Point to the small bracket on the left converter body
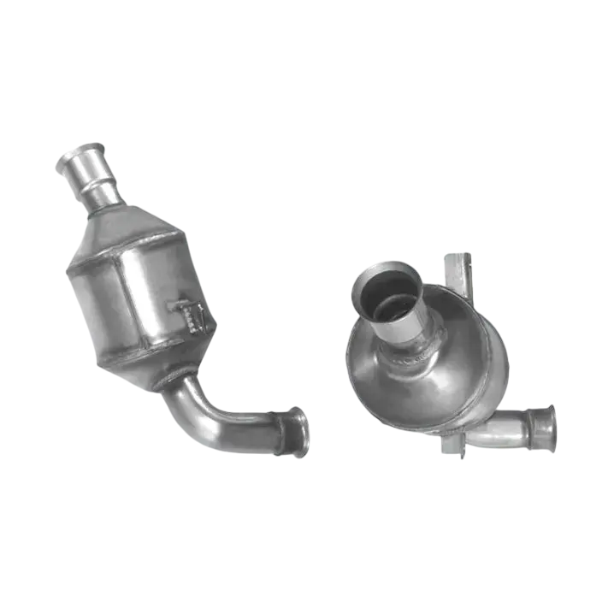tap(191, 315)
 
